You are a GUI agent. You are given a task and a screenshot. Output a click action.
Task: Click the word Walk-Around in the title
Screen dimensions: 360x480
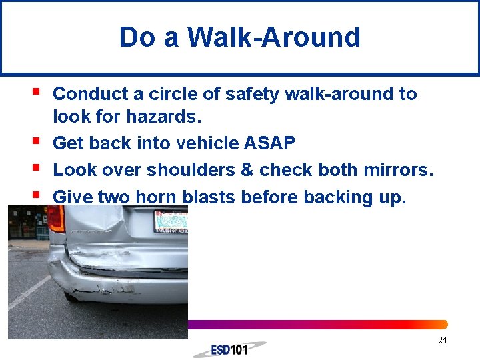(x=273, y=37)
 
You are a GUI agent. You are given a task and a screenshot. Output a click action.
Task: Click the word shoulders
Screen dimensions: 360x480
(x=190, y=170)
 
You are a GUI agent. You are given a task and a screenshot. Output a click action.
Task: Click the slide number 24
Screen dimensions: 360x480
(x=442, y=341)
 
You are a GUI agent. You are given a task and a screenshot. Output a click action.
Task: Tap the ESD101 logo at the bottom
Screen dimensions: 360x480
(x=233, y=349)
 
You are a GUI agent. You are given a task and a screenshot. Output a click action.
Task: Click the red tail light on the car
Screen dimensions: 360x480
(x=56, y=219)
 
